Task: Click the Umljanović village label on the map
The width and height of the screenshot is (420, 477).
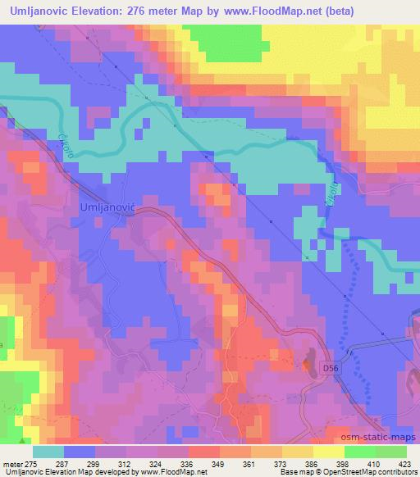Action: coord(107,208)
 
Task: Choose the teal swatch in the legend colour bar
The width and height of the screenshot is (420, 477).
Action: coord(49,452)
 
